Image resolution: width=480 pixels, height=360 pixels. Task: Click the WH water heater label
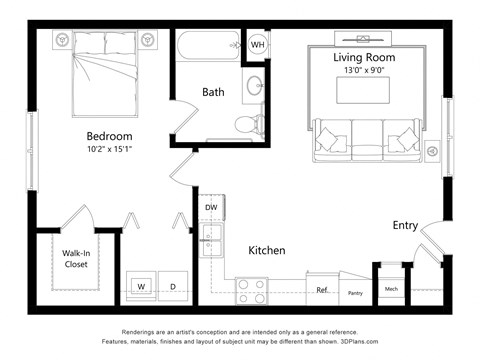(257, 45)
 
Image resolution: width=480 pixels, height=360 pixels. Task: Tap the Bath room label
(213, 92)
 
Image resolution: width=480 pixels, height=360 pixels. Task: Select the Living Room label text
(364, 58)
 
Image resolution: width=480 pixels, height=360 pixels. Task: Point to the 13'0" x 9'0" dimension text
(364, 71)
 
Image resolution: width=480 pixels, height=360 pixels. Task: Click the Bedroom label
(109, 136)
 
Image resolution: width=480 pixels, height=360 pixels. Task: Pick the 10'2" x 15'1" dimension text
(109, 150)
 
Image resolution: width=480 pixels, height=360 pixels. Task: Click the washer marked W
(141, 286)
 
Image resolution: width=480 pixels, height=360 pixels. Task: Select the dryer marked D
(173, 286)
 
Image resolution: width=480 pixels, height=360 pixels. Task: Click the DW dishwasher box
(211, 208)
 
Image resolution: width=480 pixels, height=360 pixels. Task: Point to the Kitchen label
(267, 250)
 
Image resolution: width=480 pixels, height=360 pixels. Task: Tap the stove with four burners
(251, 290)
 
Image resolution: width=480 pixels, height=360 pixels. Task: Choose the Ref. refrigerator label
(322, 291)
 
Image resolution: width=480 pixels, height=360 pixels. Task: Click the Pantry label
(354, 293)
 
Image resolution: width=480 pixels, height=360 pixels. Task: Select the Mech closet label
(391, 291)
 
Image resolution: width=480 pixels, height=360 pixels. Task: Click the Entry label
(405, 225)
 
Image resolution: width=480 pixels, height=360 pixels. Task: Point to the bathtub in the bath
(207, 45)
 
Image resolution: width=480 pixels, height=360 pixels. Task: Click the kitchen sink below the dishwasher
(211, 236)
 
